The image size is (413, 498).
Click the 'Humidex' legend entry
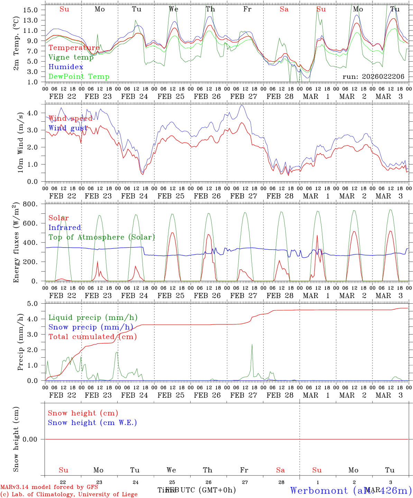66,67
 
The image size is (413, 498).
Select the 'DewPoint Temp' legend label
79,76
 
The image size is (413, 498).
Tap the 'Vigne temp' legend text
71,57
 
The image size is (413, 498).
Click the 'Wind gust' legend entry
68,128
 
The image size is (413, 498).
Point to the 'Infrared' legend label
65,228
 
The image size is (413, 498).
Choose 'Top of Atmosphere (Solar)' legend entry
102,237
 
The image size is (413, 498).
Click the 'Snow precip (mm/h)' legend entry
91,327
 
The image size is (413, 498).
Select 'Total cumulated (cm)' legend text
92,336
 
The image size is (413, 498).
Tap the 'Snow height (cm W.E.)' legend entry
92,423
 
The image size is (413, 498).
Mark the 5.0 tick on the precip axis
33,304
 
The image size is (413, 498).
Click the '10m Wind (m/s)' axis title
21,142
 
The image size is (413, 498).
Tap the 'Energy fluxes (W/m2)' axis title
16,243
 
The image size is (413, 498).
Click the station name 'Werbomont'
319,490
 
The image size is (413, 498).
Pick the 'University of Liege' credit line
69,494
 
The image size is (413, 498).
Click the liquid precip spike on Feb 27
252,345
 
